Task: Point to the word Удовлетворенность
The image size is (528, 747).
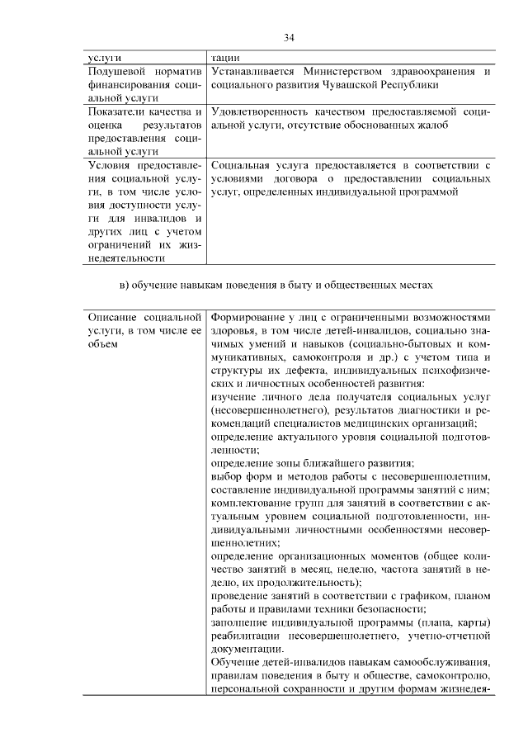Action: [262, 111]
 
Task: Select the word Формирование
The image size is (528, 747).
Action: [247, 316]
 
